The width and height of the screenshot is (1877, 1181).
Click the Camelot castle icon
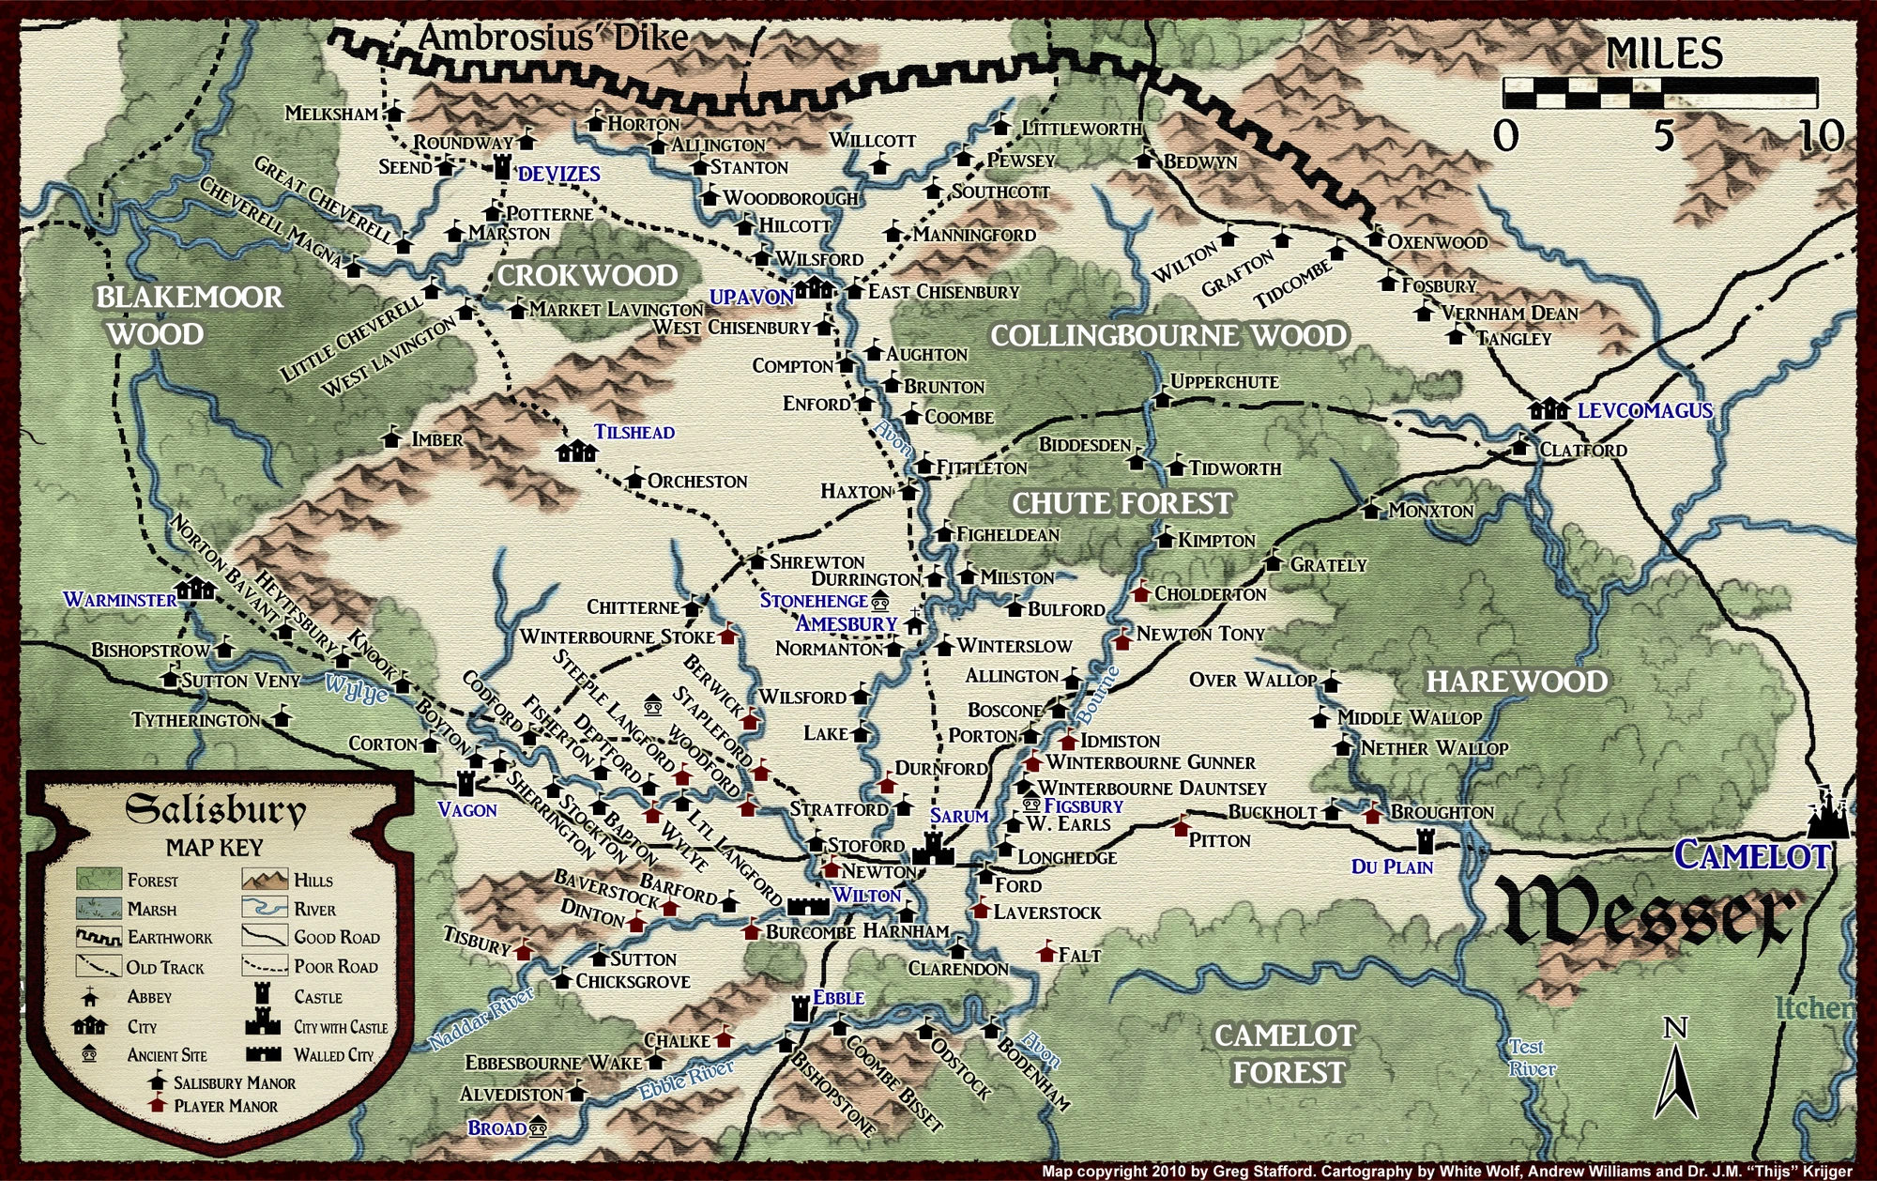[x=1827, y=813]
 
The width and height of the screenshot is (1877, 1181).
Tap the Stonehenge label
[x=814, y=601]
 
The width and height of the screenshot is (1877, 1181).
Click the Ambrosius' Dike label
[x=553, y=38]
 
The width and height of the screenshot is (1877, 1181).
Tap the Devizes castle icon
[x=503, y=168]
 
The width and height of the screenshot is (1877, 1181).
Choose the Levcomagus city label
[x=1644, y=410]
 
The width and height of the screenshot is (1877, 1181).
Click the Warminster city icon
[x=196, y=590]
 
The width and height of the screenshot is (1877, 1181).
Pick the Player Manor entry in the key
[x=224, y=1106]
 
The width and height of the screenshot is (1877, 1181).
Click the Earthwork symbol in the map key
[x=99, y=937]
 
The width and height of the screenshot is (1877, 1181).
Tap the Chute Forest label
[x=1122, y=504]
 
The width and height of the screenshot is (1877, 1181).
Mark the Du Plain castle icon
[x=1426, y=840]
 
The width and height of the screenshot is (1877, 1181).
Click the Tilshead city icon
[x=576, y=452]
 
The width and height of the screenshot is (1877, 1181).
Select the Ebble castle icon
[x=801, y=1008]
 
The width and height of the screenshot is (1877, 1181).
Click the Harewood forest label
[x=1517, y=682]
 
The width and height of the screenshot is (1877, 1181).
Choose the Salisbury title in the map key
[x=216, y=809]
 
